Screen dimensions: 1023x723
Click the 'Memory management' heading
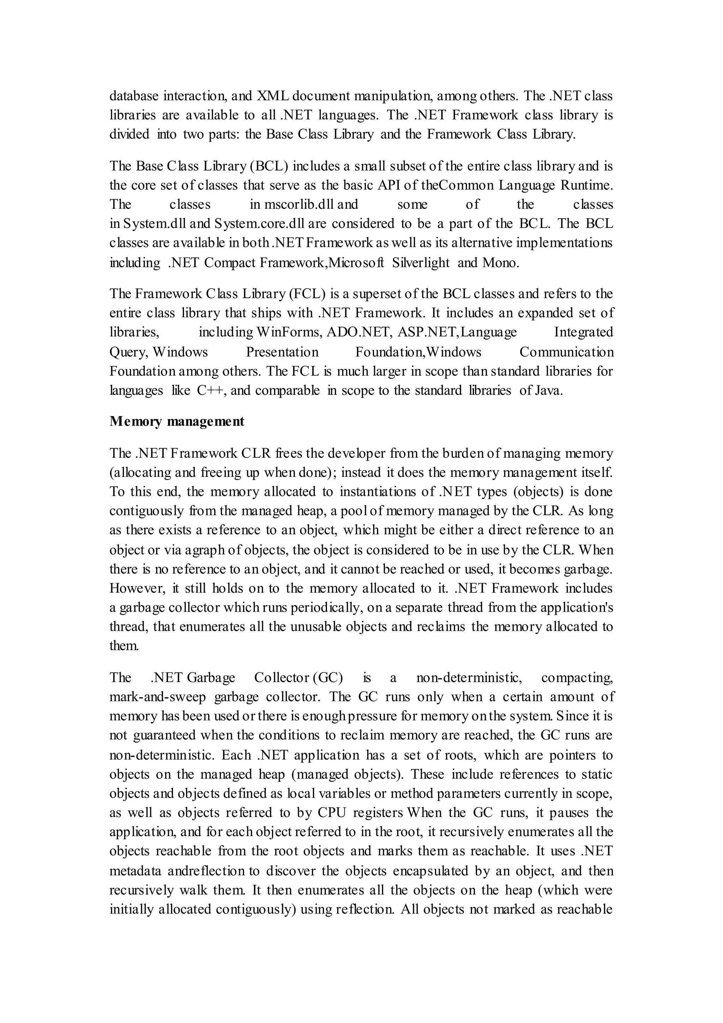[x=177, y=421]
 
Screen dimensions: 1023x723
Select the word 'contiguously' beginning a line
[x=147, y=511]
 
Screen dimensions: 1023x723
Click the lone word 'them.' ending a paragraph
[x=124, y=646]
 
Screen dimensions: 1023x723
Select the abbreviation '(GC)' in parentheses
[x=327, y=678]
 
